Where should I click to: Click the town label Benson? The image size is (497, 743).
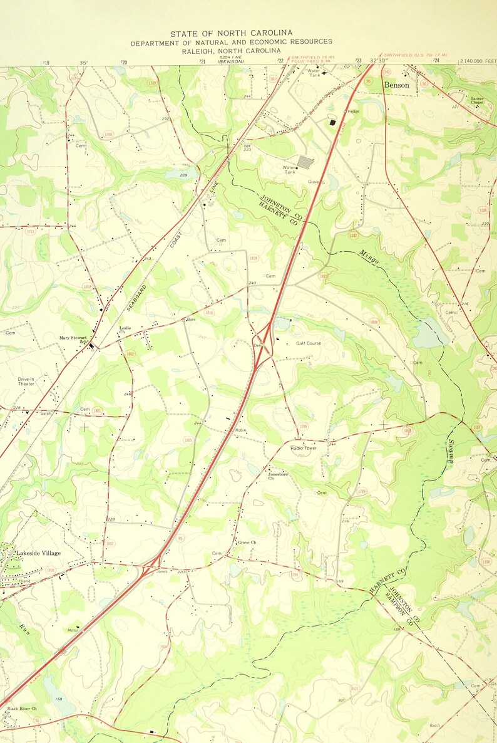pos(396,85)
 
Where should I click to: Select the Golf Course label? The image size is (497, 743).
pos(309,343)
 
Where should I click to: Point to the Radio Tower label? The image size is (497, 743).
pos(304,448)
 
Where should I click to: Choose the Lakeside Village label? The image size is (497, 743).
pos(38,553)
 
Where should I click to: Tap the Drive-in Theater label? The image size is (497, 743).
pos(26,381)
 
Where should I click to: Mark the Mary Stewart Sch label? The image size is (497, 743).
pos(73,339)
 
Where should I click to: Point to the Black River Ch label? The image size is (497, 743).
pos(22,709)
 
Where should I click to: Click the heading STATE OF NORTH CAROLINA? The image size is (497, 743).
pos(231,33)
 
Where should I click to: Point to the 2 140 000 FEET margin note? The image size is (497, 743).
pos(477,61)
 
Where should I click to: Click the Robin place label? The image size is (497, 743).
pos(241,430)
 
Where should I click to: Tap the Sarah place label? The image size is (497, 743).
pos(45,413)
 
